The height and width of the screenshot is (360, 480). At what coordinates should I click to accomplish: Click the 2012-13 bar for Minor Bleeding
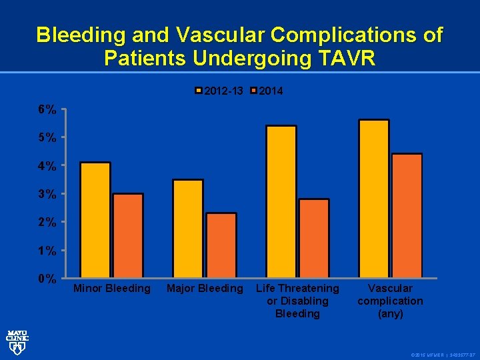tap(95, 220)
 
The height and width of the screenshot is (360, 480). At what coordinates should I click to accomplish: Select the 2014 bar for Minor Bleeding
tap(128, 235)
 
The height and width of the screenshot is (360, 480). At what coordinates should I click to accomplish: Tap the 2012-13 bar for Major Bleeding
tap(188, 229)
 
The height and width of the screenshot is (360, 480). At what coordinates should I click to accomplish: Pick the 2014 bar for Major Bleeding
tap(221, 245)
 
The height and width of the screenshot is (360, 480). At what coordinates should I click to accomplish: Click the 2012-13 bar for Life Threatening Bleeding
tap(281, 201)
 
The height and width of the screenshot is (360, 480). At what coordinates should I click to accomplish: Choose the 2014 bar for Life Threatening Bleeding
tap(314, 238)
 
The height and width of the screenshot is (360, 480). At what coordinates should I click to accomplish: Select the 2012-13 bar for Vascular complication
tap(374, 199)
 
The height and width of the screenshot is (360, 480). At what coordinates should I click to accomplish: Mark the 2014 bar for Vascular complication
tap(407, 216)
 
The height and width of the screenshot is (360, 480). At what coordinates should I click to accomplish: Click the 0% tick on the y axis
tap(47, 279)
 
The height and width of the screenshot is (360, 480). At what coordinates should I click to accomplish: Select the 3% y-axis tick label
tap(47, 194)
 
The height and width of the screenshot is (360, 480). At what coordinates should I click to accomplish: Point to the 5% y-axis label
tap(47, 137)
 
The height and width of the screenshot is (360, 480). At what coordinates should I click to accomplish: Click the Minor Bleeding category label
tap(112, 289)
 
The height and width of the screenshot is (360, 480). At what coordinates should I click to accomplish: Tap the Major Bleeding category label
tap(205, 289)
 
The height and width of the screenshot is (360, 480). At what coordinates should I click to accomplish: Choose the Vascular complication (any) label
tap(391, 301)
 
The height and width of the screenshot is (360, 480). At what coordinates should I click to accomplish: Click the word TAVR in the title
tap(345, 58)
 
